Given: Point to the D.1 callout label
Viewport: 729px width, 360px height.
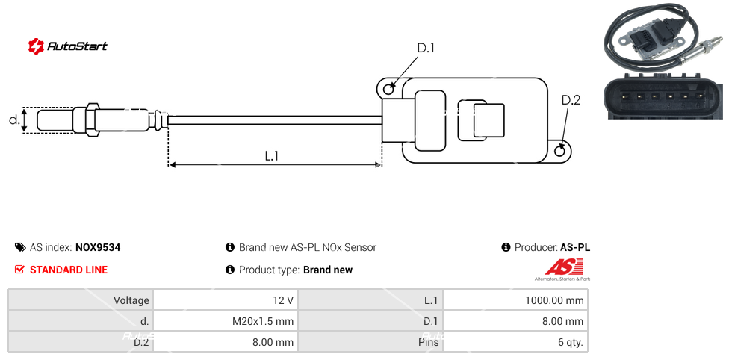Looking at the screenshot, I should coord(425,49).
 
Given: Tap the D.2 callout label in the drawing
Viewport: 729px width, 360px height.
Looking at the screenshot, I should coord(570,100).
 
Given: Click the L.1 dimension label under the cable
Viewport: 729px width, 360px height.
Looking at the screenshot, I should coord(272,156).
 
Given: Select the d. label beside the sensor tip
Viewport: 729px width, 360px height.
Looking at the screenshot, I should coord(13,120).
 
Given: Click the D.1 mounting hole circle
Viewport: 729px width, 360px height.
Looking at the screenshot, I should coord(388,90).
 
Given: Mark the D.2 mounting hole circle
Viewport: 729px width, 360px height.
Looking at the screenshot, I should coord(561,152).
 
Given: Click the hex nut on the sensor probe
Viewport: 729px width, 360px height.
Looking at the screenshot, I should coord(93,120).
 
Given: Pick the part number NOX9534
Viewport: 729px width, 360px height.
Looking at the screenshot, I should coord(98,248).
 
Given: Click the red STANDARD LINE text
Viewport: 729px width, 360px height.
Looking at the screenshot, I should coord(69,270).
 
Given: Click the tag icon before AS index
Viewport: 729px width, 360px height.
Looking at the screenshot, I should coord(19,248).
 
